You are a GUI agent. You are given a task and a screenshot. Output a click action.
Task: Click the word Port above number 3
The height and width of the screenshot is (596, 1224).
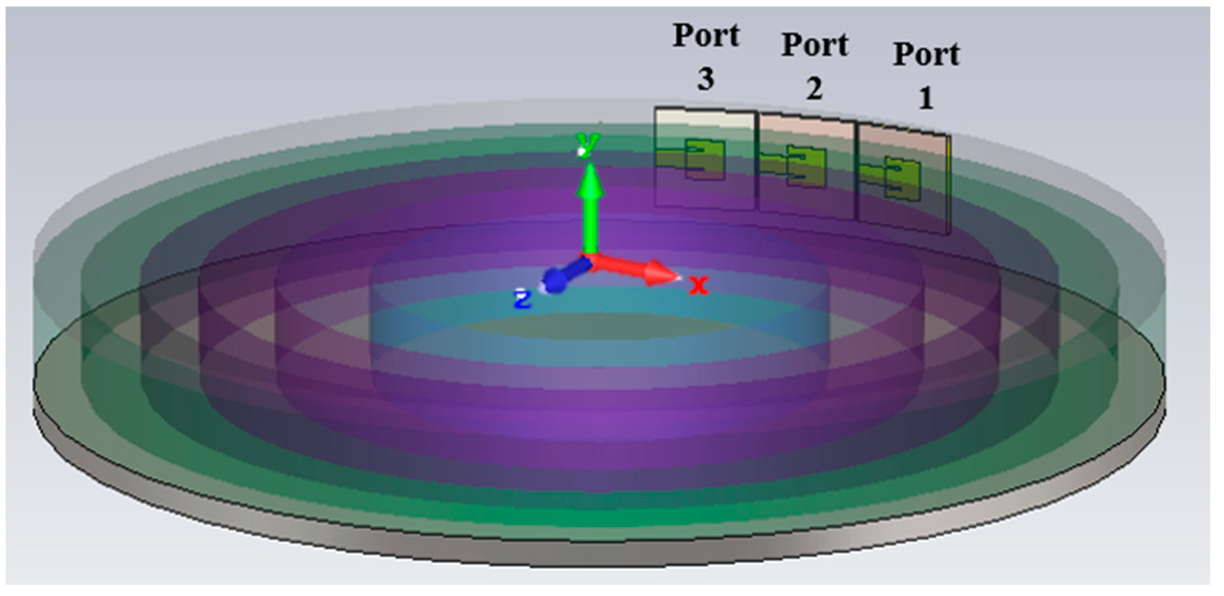click(x=706, y=36)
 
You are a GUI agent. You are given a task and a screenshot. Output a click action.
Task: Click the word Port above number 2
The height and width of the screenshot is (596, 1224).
click(x=815, y=46)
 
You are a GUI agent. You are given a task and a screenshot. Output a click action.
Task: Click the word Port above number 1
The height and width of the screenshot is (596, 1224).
click(x=927, y=54)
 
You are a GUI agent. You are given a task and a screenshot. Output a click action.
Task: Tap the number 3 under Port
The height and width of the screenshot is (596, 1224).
click(x=706, y=79)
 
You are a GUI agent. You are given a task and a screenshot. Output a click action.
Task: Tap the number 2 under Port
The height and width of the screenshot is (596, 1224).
click(x=814, y=89)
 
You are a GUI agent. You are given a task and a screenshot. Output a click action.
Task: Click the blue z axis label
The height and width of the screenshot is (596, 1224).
click(x=523, y=300)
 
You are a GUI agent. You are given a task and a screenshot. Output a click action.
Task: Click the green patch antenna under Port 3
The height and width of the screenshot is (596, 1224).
click(x=706, y=159)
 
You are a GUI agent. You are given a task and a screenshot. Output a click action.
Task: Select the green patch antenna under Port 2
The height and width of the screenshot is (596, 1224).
click(x=807, y=167)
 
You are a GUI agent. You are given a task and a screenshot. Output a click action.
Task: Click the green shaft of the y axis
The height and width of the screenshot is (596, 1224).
click(x=590, y=223)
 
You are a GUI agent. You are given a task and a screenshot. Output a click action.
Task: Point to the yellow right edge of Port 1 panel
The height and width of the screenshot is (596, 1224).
click(x=949, y=185)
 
